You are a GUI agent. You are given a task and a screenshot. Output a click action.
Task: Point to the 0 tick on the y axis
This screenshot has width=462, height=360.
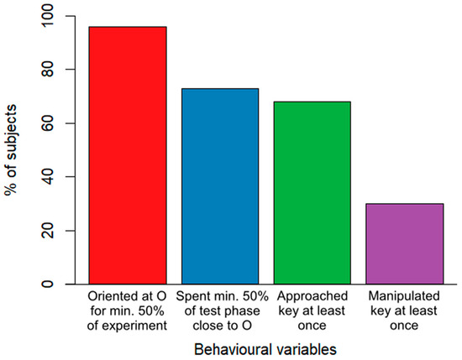point(50,284)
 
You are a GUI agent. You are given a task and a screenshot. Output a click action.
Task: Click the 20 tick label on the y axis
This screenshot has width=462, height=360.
point(50,231)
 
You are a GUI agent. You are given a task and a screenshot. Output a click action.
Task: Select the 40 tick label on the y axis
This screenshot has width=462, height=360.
point(50,177)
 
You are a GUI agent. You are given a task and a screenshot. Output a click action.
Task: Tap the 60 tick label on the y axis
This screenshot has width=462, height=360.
point(50,123)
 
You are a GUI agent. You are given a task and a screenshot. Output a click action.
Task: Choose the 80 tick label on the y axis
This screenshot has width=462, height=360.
point(50,70)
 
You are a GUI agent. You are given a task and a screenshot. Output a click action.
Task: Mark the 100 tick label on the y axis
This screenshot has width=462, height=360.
point(50,17)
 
